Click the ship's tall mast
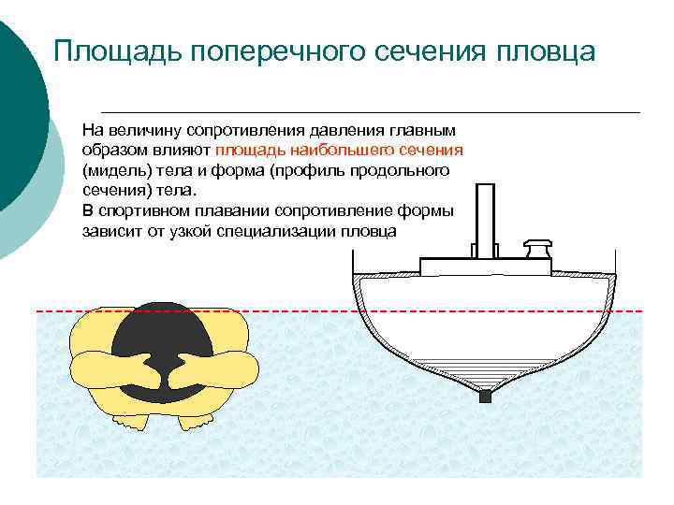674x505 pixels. (x=484, y=220)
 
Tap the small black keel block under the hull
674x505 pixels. (x=484, y=397)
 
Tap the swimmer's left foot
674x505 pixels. (x=137, y=423)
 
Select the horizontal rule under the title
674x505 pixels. (x=370, y=112)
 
